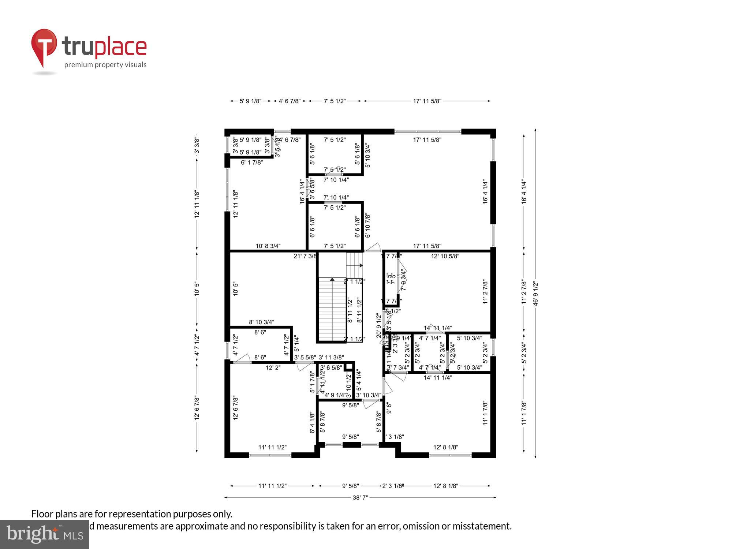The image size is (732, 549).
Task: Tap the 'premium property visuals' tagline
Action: point(105,65)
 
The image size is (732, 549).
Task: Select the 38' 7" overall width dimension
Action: point(360,497)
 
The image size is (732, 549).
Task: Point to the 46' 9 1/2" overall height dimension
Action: point(535,293)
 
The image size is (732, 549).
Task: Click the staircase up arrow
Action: point(332,280)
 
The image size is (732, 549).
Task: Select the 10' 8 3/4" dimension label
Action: point(268,246)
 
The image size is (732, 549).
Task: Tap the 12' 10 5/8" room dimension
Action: point(445,256)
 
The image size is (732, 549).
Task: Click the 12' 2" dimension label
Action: point(273,367)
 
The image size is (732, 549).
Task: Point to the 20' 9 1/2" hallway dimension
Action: point(379,325)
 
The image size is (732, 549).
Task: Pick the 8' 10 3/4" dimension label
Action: point(261,322)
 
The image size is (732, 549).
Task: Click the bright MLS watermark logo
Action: point(44,534)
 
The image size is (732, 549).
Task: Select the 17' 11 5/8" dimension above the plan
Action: point(427,101)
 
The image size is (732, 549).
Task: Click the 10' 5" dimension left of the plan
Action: point(197,288)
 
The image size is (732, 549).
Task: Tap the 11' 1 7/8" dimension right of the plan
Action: point(524,413)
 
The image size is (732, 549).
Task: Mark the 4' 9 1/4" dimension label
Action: point(335,395)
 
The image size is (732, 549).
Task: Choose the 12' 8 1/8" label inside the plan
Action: point(445,447)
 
